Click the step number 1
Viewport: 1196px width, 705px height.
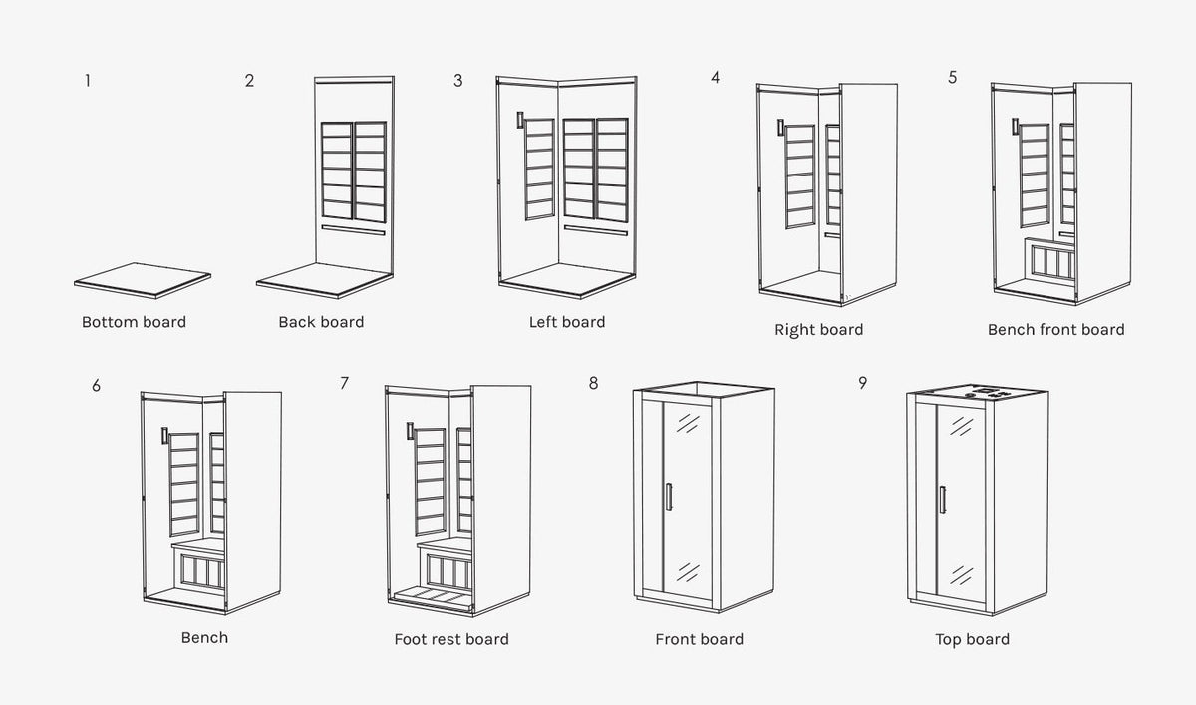pyautogui.click(x=88, y=81)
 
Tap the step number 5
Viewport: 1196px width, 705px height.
pyautogui.click(x=953, y=77)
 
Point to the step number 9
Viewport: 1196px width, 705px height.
pyautogui.click(x=862, y=383)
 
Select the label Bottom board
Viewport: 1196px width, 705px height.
pyautogui.click(x=134, y=322)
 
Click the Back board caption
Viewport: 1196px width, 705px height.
pyautogui.click(x=321, y=322)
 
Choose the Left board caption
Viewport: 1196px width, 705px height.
pyautogui.click(x=567, y=322)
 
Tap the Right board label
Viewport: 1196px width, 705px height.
pyautogui.click(x=818, y=329)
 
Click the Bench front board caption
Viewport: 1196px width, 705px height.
pyautogui.click(x=1055, y=329)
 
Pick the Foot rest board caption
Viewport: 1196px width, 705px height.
pyautogui.click(x=451, y=639)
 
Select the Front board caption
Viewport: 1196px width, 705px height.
pyautogui.click(x=699, y=639)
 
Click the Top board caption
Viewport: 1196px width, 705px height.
pyautogui.click(x=972, y=639)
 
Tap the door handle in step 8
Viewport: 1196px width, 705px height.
pyautogui.click(x=670, y=498)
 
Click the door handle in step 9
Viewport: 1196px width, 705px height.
pyautogui.click(x=941, y=499)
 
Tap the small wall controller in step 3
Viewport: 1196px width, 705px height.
pyautogui.click(x=519, y=121)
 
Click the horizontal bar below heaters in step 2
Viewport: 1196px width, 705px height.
pyautogui.click(x=355, y=228)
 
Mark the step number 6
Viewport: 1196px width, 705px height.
pyautogui.click(x=96, y=385)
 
